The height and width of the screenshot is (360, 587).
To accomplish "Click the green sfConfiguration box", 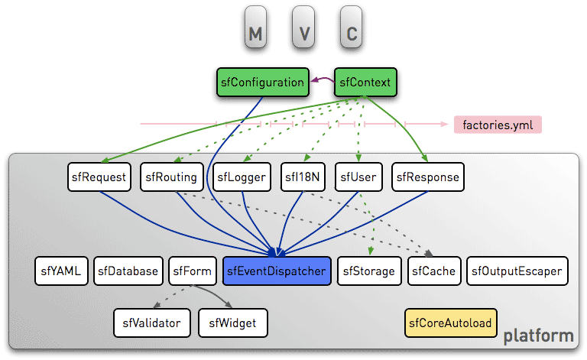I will tap(262, 83).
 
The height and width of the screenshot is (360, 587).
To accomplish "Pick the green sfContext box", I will tap(365, 83).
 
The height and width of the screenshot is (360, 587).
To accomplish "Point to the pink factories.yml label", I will tap(497, 124).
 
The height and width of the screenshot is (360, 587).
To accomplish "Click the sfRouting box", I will tap(170, 177).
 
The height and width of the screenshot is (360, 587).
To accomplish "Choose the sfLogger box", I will tap(241, 177).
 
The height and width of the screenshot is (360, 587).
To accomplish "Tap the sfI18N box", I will tap(303, 177).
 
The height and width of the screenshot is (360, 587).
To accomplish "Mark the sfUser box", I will tap(359, 177).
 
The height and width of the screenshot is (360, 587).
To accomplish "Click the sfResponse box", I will tap(428, 177).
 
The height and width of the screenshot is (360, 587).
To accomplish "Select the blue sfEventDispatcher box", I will tap(277, 271).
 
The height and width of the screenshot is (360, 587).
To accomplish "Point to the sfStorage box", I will tap(369, 271).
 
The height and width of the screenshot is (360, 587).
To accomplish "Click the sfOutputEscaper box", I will tap(517, 271).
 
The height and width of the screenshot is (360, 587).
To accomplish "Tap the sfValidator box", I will tap(151, 323).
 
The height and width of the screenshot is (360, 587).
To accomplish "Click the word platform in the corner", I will tap(538, 336).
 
